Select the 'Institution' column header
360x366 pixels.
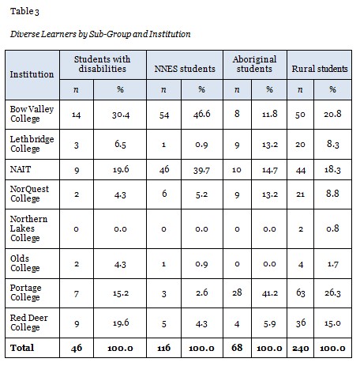[x=32, y=74]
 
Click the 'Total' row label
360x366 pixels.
[x=19, y=346]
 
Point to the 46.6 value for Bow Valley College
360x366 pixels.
[x=202, y=114]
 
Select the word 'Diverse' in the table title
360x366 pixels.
[x=23, y=34]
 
